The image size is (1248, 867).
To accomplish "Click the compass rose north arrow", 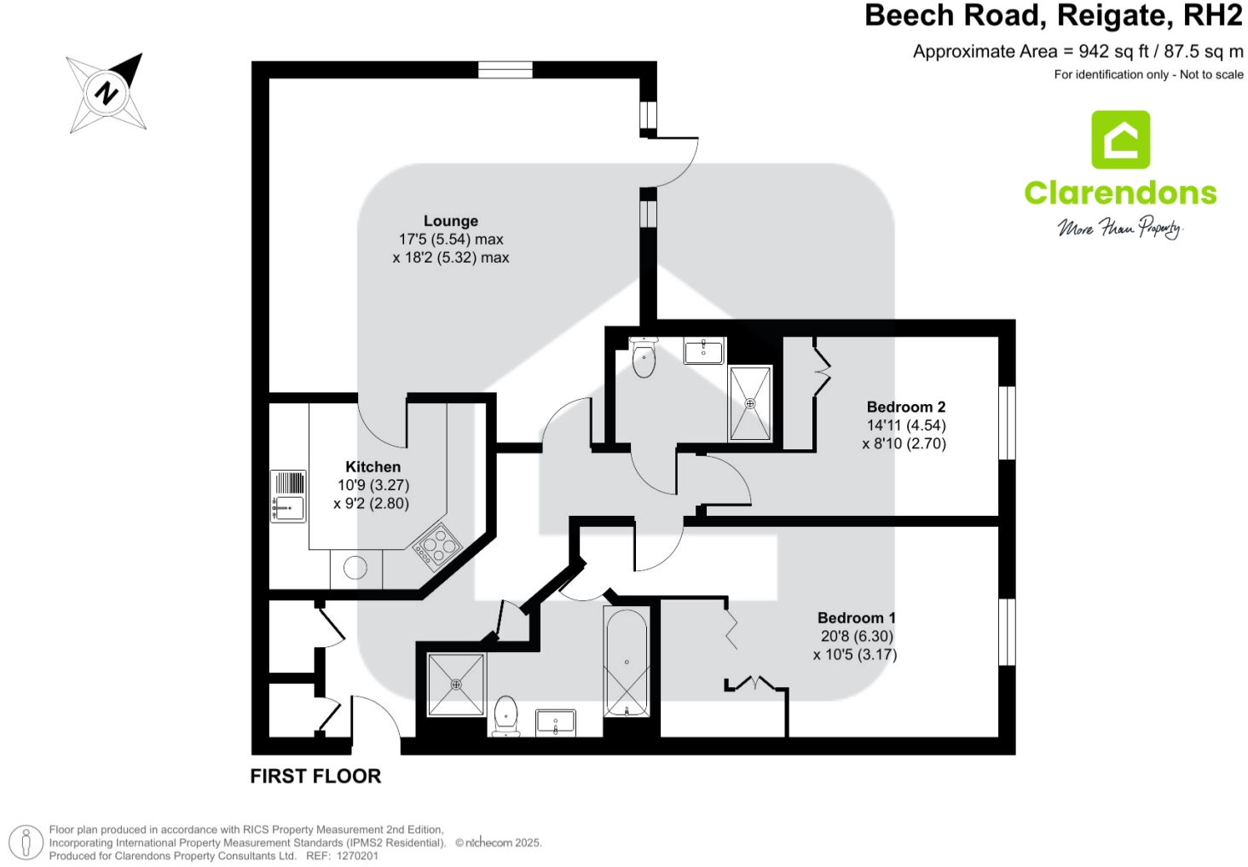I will click(107, 91).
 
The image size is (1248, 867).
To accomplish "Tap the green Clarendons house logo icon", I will click(1120, 140).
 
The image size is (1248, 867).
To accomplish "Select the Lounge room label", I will click(450, 221).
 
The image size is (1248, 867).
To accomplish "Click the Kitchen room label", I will click(373, 466).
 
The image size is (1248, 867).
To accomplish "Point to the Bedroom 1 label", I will click(856, 617).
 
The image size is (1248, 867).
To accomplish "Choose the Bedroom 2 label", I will click(905, 407).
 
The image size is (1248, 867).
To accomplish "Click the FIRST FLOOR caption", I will click(315, 776).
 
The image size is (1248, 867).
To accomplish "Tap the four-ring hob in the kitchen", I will click(437, 545).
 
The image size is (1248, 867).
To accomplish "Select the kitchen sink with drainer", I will click(288, 495).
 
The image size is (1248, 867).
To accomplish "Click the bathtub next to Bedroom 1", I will click(626, 662).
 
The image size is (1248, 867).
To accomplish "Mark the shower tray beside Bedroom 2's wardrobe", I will click(750, 403).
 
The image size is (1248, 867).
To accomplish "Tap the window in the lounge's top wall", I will click(505, 70).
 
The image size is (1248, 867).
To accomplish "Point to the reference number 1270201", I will click(357, 856).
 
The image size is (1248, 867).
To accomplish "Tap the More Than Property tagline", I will click(1120, 228).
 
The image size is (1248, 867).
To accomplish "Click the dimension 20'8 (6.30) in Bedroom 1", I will click(856, 636).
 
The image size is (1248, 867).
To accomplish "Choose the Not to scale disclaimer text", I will click(1210, 75).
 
